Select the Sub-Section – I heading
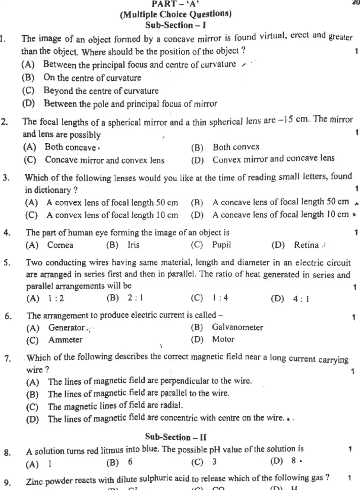point(175,23)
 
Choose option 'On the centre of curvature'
point(92,78)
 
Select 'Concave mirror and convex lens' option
point(104,160)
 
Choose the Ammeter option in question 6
point(65,340)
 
